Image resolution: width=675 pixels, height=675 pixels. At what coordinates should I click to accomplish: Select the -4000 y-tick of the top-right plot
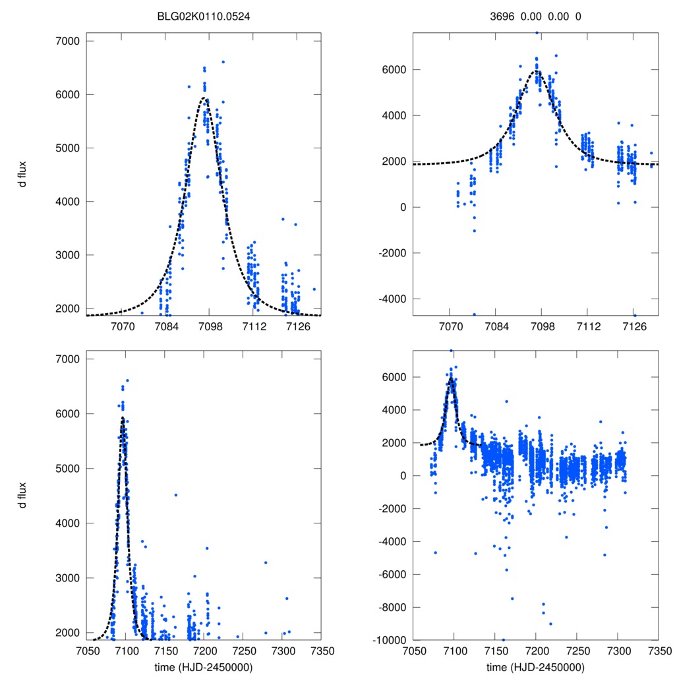click(393, 299)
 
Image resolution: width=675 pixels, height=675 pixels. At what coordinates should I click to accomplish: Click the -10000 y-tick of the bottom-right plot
click(390, 640)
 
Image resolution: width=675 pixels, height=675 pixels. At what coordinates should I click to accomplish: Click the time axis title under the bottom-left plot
click(204, 666)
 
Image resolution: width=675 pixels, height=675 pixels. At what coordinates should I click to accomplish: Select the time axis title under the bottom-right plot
click(535, 666)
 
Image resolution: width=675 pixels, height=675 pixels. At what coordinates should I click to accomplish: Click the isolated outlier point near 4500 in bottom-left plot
click(176, 494)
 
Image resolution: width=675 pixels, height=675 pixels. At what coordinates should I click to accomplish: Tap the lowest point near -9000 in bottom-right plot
click(550, 624)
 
